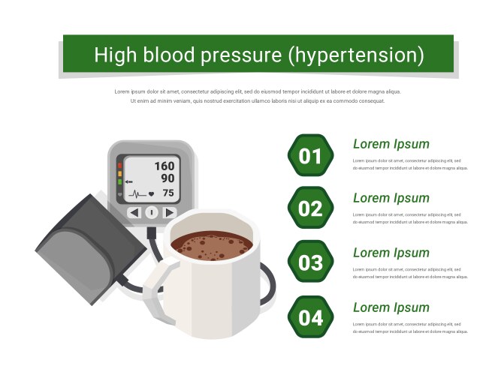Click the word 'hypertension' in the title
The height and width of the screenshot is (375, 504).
[x=356, y=55]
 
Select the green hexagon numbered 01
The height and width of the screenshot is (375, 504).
[x=309, y=156]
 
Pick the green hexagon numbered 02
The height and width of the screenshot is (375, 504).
[x=309, y=209]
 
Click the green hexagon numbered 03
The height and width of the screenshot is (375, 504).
[x=309, y=263]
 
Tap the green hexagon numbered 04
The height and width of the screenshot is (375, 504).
[x=309, y=317]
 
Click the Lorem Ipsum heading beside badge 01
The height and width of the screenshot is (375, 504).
[x=391, y=144]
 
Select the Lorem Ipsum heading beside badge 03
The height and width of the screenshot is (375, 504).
[x=391, y=253]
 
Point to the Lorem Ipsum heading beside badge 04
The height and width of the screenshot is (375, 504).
[x=391, y=307]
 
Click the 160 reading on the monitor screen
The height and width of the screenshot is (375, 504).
[x=164, y=166]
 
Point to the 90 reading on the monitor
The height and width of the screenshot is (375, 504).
[x=167, y=178]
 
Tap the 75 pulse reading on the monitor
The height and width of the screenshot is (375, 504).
[x=168, y=193]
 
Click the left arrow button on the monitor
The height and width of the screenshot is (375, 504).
[x=134, y=213]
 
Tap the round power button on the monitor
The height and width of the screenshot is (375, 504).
[x=151, y=213]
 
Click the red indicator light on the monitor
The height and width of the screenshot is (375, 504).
[x=119, y=163]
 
